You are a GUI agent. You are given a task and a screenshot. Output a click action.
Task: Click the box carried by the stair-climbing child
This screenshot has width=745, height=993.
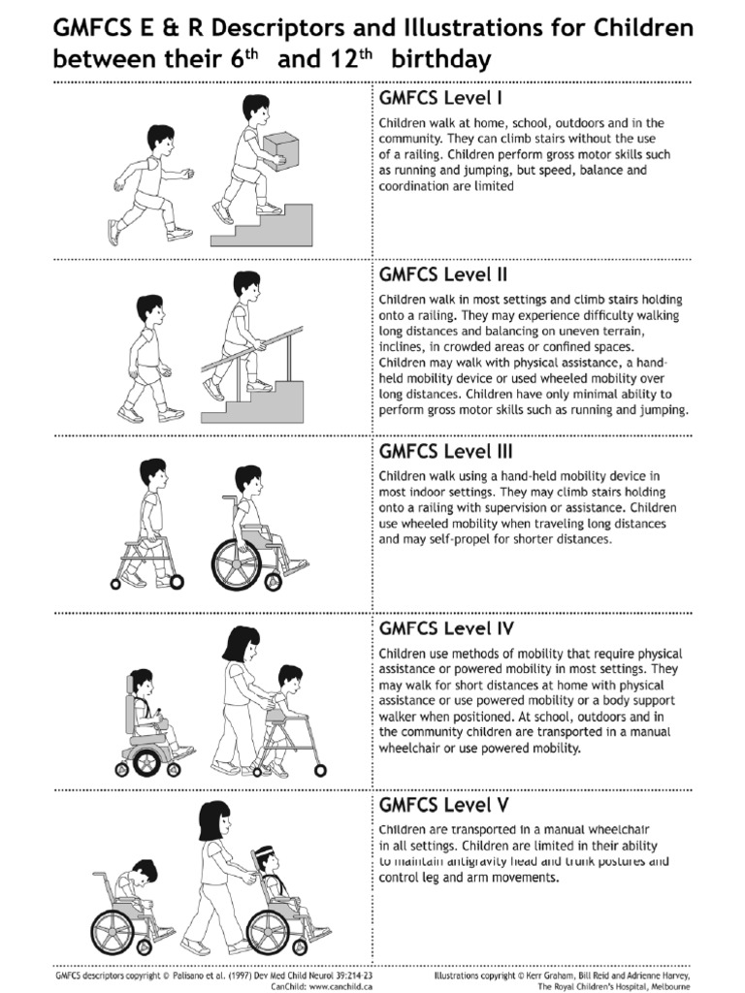[279, 146]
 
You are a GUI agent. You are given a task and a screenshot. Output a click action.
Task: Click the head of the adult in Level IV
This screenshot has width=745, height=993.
[240, 644]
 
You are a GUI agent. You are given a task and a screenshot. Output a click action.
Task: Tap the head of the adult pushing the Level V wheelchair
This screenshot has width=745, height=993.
[215, 819]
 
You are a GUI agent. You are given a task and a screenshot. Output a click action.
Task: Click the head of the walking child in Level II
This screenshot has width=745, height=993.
[149, 309]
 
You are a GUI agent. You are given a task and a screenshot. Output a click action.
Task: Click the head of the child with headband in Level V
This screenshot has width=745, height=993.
[269, 860]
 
